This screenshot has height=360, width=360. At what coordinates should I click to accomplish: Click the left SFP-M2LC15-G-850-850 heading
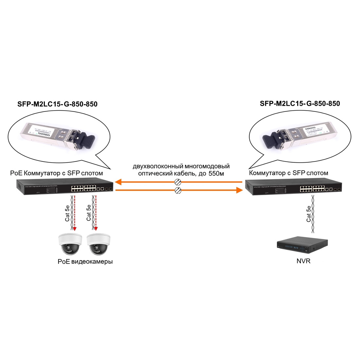pos(57,104)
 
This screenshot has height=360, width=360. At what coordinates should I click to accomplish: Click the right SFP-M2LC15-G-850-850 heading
pos(300,104)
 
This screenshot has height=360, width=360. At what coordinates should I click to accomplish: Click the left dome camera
pos(70,244)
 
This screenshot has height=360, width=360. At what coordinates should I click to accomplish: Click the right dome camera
pos(99,244)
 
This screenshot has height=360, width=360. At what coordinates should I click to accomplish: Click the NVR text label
pos(303,261)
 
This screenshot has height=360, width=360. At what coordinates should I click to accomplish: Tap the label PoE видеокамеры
pos(85,262)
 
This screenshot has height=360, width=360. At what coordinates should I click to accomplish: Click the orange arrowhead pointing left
pos(118,182)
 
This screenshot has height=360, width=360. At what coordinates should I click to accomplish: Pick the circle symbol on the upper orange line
pos(178,182)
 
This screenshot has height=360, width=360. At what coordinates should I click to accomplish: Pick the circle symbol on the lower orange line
pos(178,190)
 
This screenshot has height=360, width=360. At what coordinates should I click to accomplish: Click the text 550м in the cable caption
pos(216,173)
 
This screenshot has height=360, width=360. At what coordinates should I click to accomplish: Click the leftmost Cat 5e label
pos(67,213)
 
